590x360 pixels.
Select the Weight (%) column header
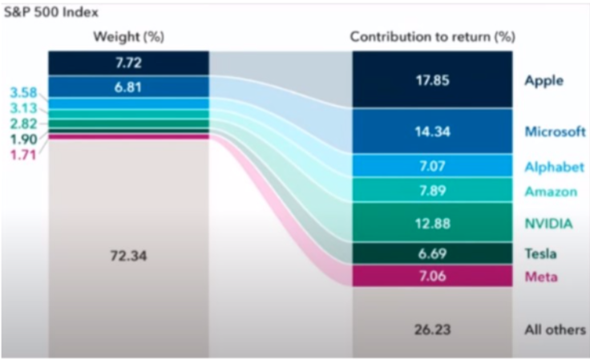128,37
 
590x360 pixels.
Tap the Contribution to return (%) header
433,37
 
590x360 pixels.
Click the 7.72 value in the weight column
129,62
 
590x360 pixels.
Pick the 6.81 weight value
129,86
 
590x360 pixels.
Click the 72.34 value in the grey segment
129,256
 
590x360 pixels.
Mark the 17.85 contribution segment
434,79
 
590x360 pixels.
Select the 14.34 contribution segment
434,131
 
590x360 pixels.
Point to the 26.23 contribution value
434,330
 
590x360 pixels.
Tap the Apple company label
544,80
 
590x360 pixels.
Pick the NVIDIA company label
548,223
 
